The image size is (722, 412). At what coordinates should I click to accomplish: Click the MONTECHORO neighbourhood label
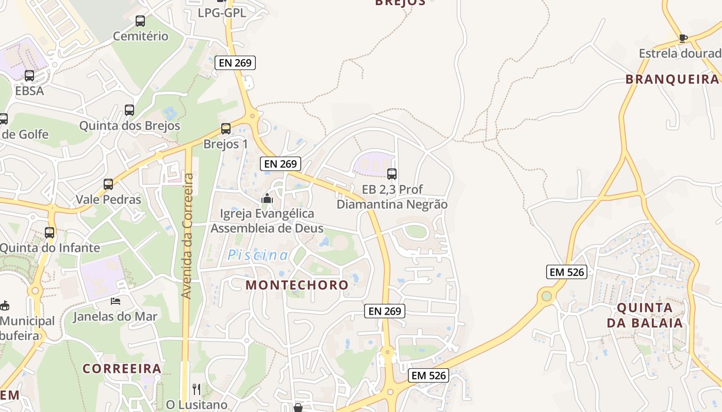click(297, 285)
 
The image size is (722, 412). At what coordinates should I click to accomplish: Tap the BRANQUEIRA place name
click(672, 79)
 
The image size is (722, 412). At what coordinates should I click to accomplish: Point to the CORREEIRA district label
click(122, 369)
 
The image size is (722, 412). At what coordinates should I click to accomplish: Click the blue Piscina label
click(258, 255)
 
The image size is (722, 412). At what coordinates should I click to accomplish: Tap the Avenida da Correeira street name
click(187, 236)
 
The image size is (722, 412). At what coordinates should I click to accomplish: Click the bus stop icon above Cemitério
click(140, 21)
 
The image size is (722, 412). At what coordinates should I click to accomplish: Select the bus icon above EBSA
click(29, 76)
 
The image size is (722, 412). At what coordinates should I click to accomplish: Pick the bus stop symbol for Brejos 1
click(226, 129)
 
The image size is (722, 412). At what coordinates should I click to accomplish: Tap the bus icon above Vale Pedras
click(108, 184)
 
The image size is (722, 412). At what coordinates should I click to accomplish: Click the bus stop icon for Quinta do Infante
click(50, 232)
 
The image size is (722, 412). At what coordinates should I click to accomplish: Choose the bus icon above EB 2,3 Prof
click(392, 174)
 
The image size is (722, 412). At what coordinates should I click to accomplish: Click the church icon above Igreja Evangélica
click(267, 198)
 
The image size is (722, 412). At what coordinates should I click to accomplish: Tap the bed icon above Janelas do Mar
click(116, 301)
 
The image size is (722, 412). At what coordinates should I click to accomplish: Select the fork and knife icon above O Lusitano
click(196, 389)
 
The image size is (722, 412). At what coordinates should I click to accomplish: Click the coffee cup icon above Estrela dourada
click(683, 38)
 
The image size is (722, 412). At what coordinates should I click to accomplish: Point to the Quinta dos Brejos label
click(129, 126)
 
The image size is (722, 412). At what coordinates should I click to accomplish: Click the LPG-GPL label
click(222, 13)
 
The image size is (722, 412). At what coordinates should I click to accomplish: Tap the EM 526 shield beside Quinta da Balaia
click(567, 272)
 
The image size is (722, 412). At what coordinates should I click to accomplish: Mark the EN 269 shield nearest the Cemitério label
click(235, 63)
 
